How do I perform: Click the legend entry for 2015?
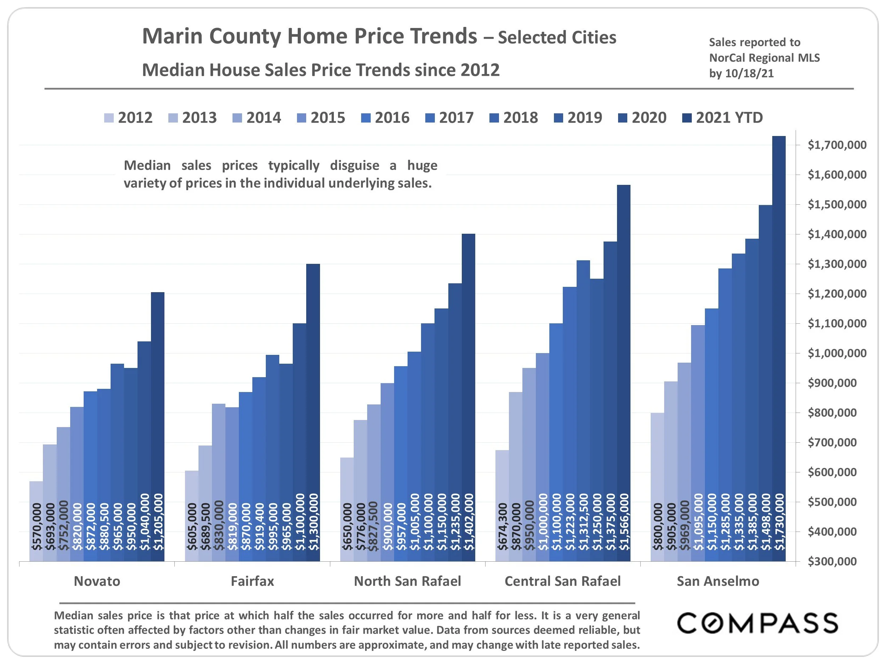pos(321,118)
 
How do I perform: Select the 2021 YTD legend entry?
pos(723,118)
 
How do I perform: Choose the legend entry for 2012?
pos(129,118)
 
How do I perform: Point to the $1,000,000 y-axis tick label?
pos(837,353)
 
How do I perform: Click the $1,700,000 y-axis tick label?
pos(837,145)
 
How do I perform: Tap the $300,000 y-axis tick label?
pos(837,562)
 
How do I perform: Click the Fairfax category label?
pos(252,581)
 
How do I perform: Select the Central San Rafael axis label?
pos(562,581)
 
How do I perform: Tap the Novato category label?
pos(97,581)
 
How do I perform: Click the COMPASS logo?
pos(757,623)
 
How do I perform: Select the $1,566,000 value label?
pos(624,522)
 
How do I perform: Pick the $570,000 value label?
pos(37,527)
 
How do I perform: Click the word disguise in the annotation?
pos(354,165)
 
